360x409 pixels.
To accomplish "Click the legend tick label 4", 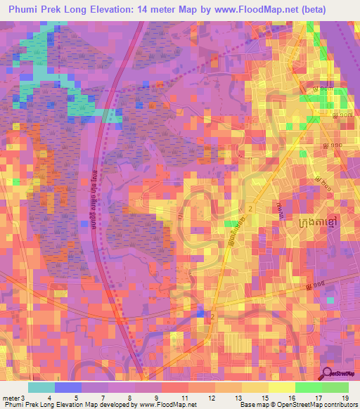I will point(49,398).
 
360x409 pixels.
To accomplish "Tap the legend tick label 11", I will point(185,398).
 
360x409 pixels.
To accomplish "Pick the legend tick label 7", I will point(103,398).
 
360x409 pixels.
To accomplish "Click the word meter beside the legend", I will point(10,398).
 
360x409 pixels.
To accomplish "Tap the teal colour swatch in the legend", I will point(41,387).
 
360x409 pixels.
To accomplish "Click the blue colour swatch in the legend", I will point(68,387).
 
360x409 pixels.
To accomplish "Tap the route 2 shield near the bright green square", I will point(250,209).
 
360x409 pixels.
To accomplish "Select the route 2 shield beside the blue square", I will point(212,318).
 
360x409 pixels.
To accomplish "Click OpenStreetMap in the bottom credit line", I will point(296,405).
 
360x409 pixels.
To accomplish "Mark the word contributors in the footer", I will point(340,405).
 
